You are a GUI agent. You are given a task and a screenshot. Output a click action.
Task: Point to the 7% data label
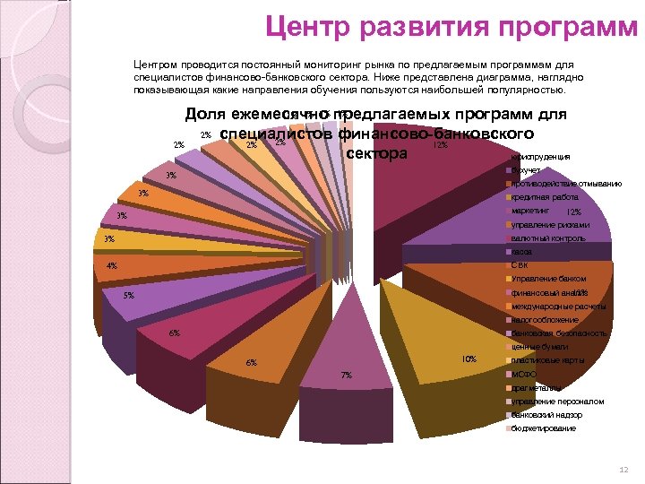(x=347, y=375)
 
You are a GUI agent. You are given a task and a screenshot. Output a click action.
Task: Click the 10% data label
(x=469, y=359)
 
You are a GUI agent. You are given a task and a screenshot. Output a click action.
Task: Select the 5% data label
(x=128, y=296)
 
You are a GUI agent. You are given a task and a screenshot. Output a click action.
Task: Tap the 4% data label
(x=111, y=266)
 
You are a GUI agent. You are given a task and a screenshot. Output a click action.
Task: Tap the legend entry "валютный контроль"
(x=547, y=238)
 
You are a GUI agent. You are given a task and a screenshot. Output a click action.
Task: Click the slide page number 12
(x=623, y=471)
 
